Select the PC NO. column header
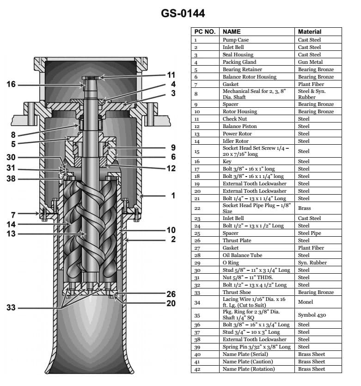[205, 32]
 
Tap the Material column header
[310, 32]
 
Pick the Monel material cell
[306, 302]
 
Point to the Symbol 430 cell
[312, 315]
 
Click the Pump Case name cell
[236, 40]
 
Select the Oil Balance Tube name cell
[243, 255]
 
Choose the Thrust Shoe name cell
[238, 292]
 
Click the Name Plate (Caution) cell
[248, 361]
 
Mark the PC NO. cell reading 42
[196, 369]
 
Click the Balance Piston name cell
[240, 126]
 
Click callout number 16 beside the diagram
[11, 84]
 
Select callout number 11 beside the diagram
[171, 75]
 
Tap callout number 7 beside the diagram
[14, 214]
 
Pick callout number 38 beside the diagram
[11, 178]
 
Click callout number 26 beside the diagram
[171, 294]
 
